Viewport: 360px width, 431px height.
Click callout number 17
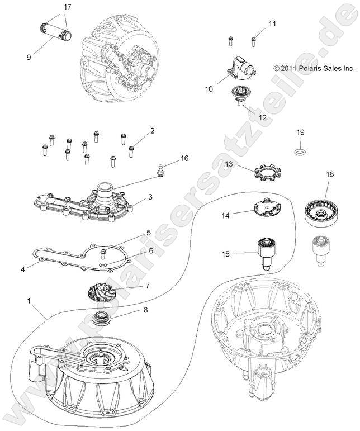[67, 7]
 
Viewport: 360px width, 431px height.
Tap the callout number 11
[272, 23]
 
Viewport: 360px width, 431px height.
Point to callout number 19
[300, 132]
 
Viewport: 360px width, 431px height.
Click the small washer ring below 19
[300, 151]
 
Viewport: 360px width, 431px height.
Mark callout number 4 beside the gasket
[23, 269]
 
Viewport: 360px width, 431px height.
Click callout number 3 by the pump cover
[150, 197]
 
